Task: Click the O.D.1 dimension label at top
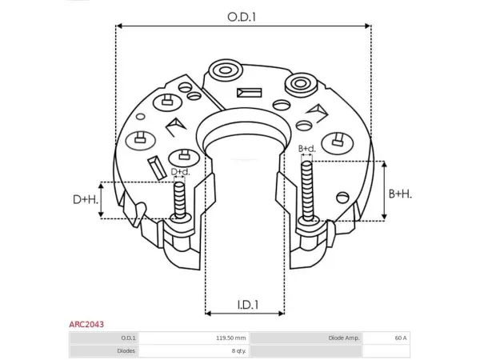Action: coord(242,17)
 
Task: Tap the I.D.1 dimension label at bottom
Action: coord(248,305)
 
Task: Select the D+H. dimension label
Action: coord(86,199)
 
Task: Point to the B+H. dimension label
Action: coord(400,194)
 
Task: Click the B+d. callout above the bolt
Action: coord(307,149)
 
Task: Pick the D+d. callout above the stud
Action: coord(180,172)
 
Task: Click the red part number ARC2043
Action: coord(86,324)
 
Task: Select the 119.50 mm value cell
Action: coord(230,338)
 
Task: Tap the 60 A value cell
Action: coord(401,338)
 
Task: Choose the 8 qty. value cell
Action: coord(238,351)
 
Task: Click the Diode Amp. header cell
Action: coord(344,338)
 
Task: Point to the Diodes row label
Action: coord(126,351)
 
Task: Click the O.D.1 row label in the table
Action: coord(129,338)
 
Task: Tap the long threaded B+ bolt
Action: coord(307,191)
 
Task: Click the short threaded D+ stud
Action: coord(180,200)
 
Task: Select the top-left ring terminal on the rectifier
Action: coord(226,70)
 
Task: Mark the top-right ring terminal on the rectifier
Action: coord(301,83)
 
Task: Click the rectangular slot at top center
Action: coord(249,93)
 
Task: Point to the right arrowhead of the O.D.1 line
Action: coord(368,26)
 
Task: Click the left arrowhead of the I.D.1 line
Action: coord(209,313)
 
